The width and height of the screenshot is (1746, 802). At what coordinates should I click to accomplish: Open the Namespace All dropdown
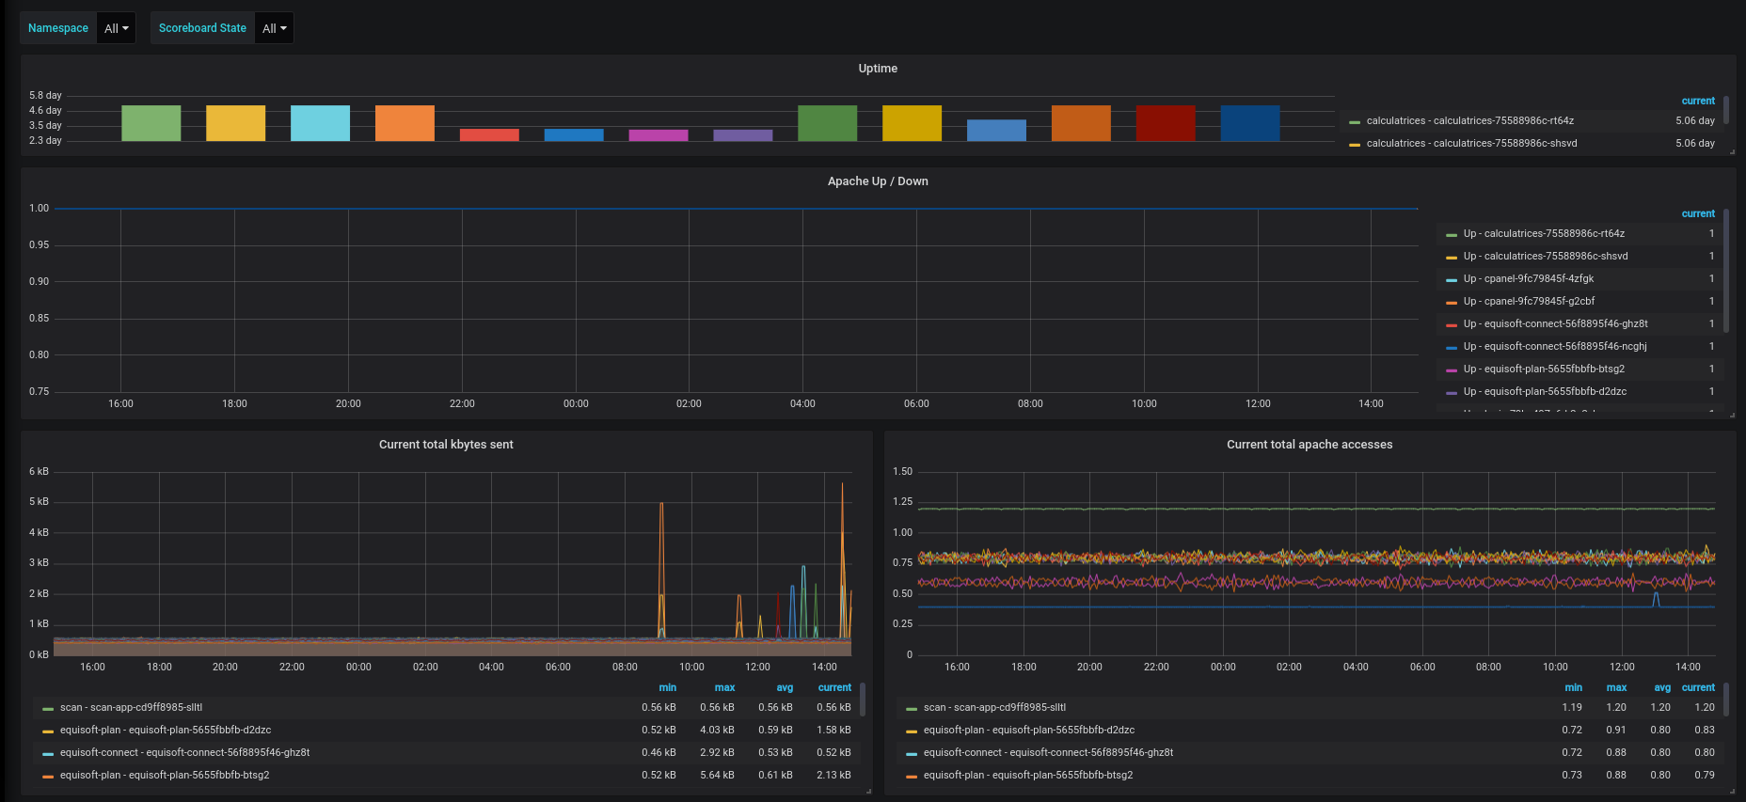(x=117, y=28)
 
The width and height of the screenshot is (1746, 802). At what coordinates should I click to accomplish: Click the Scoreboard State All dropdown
(x=275, y=28)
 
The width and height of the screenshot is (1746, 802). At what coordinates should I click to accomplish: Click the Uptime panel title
(x=878, y=69)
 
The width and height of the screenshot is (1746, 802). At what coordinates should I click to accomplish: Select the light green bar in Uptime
(x=151, y=123)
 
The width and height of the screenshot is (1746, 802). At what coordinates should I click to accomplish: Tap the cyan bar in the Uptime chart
(x=320, y=123)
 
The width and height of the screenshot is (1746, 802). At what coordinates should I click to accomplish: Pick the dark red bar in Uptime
(x=1166, y=123)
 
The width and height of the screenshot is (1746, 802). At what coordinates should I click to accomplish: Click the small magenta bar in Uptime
(x=659, y=135)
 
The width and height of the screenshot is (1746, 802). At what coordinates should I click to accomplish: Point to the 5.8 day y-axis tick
(x=45, y=95)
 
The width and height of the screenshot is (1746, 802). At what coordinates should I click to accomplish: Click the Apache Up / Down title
(x=878, y=181)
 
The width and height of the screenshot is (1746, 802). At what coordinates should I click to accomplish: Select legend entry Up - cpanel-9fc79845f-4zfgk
(x=1529, y=278)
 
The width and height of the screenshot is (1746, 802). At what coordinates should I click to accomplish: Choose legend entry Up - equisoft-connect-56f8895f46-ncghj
(x=1555, y=346)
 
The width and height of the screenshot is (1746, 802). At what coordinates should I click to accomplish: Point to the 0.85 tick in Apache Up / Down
(x=39, y=318)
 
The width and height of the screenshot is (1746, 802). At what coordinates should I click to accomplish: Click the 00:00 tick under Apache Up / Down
(x=576, y=403)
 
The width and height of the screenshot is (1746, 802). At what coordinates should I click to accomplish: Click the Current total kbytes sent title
(x=446, y=445)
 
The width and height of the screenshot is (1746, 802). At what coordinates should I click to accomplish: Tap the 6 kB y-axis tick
(x=39, y=471)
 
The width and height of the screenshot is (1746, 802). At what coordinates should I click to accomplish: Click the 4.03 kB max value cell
(x=717, y=730)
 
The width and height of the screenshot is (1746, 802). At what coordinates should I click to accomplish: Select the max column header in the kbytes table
(x=724, y=687)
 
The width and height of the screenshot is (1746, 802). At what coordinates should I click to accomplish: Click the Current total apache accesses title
(x=1309, y=445)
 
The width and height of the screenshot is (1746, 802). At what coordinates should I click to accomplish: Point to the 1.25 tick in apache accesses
(x=902, y=501)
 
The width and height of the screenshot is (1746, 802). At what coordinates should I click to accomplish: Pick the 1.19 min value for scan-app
(x=1572, y=707)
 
